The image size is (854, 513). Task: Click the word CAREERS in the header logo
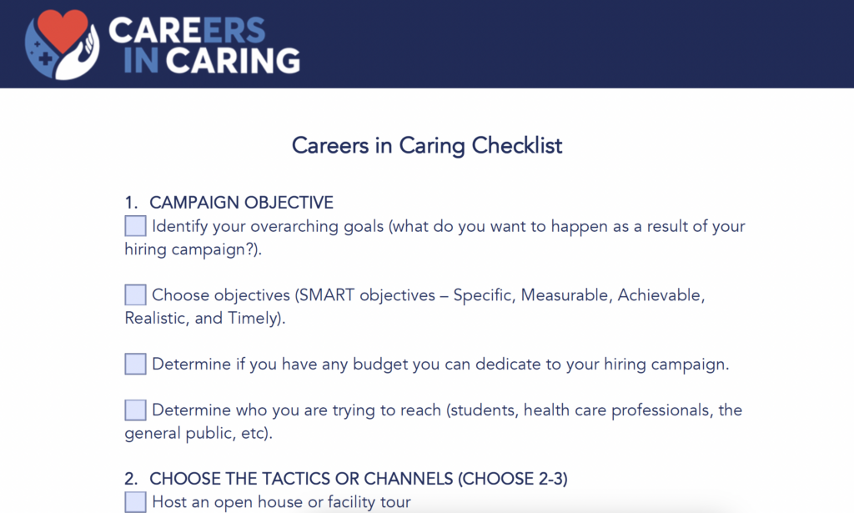pyautogui.click(x=188, y=31)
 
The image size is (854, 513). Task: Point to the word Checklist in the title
pyautogui.click(x=517, y=146)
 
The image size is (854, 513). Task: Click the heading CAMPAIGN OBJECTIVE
pyautogui.click(x=241, y=203)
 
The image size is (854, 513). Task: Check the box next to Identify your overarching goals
pyautogui.click(x=135, y=226)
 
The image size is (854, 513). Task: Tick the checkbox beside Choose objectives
pyautogui.click(x=135, y=295)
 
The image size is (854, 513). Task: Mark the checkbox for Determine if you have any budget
pyautogui.click(x=135, y=365)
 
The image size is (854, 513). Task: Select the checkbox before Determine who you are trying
pyautogui.click(x=135, y=410)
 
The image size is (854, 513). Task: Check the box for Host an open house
pyautogui.click(x=135, y=502)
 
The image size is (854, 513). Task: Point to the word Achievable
pyautogui.click(x=661, y=295)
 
